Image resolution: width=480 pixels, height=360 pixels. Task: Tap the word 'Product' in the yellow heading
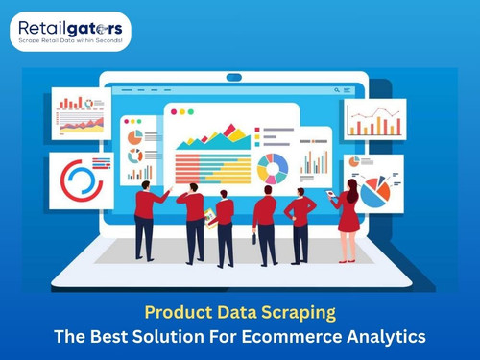point(177,313)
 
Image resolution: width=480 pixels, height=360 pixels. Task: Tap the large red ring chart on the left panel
point(81,180)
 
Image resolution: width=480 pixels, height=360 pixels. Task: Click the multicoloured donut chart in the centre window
point(273,169)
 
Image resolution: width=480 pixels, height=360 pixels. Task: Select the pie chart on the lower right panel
point(375,189)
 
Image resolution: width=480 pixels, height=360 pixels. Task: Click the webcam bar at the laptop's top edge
point(233,77)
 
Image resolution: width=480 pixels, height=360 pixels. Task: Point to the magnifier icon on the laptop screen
point(338,91)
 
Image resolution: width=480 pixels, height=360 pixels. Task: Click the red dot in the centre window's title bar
point(174,111)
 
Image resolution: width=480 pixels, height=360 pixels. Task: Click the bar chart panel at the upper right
point(374,118)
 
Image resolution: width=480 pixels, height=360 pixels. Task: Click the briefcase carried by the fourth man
point(255,237)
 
